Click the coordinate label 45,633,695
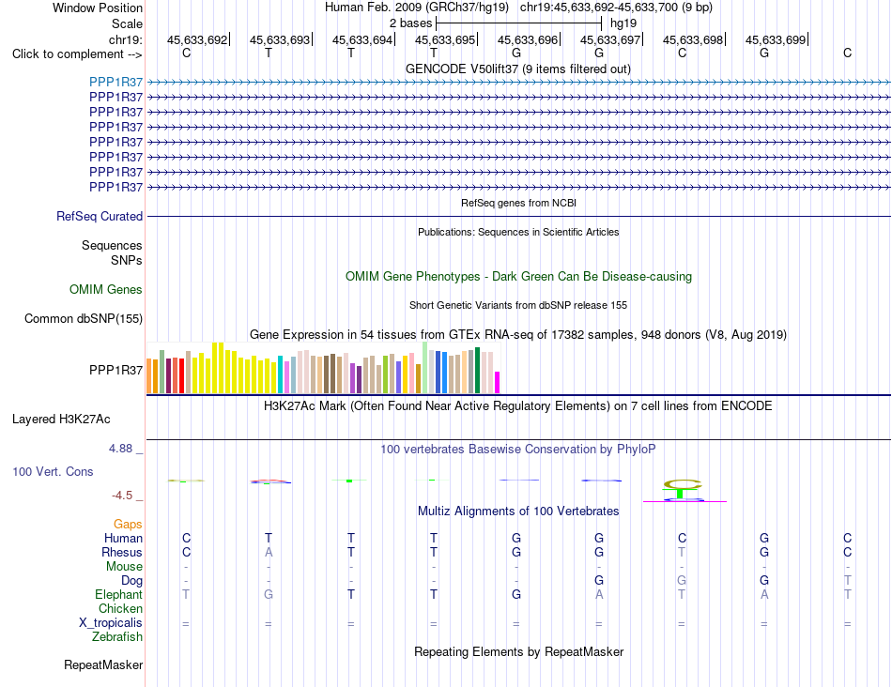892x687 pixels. pyautogui.click(x=445, y=39)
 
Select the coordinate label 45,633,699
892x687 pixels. pyautogui.click(x=776, y=39)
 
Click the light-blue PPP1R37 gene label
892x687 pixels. pyautogui.click(x=116, y=82)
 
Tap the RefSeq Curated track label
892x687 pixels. pyautogui.click(x=100, y=216)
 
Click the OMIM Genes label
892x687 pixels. pyautogui.click(x=106, y=289)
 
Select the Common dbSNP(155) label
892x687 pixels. pyautogui.click(x=84, y=318)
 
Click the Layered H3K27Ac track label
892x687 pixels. pyautogui.click(x=61, y=420)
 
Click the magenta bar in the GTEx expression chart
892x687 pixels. pyautogui.click(x=498, y=382)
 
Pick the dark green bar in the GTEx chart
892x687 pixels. pyautogui.click(x=477, y=370)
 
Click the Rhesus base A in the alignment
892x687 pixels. pyautogui.click(x=269, y=552)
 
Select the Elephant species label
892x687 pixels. pyautogui.click(x=119, y=594)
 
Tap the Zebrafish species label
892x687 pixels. pyautogui.click(x=117, y=637)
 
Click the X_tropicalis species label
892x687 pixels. pyautogui.click(x=111, y=623)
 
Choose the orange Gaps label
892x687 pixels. pyautogui.click(x=128, y=524)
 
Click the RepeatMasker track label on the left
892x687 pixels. pyautogui.click(x=103, y=664)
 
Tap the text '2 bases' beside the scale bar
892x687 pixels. pyautogui.click(x=410, y=23)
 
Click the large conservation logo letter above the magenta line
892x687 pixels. pyautogui.click(x=683, y=484)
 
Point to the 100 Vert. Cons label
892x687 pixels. pyautogui.click(x=53, y=471)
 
